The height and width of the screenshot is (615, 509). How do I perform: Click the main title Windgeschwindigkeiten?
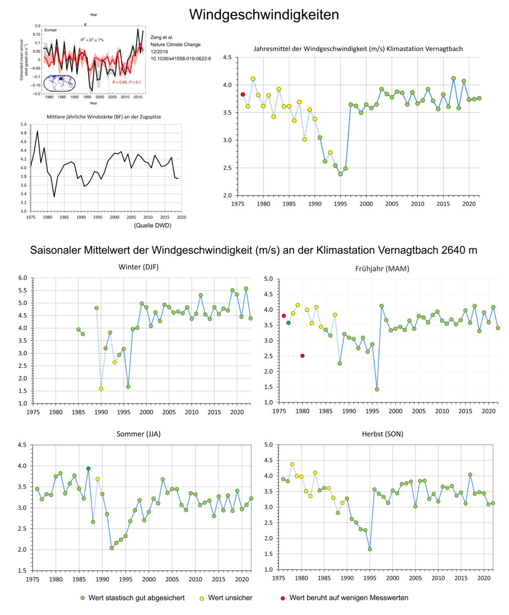coord(264,15)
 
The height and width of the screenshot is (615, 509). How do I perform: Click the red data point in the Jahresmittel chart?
coord(243,94)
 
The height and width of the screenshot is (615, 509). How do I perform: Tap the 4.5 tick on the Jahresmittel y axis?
coord(227,57)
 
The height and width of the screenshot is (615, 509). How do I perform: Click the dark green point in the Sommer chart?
coord(88,468)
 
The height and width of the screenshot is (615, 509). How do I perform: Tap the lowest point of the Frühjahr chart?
coord(377,389)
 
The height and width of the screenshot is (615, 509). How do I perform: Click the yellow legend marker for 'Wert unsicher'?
coord(202,598)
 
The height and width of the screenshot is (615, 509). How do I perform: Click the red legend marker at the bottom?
coord(282,598)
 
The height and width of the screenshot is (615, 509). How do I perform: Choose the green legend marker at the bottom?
coord(83,598)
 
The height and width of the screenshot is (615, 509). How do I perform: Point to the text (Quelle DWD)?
coord(153,226)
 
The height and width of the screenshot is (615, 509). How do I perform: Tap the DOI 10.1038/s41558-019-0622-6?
coord(181,58)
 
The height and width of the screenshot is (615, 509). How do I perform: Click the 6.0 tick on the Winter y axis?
coord(22,278)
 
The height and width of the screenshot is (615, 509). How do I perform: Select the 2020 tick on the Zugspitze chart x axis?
coord(181,217)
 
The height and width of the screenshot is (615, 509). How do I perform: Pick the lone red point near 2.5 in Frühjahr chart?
coord(302,356)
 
